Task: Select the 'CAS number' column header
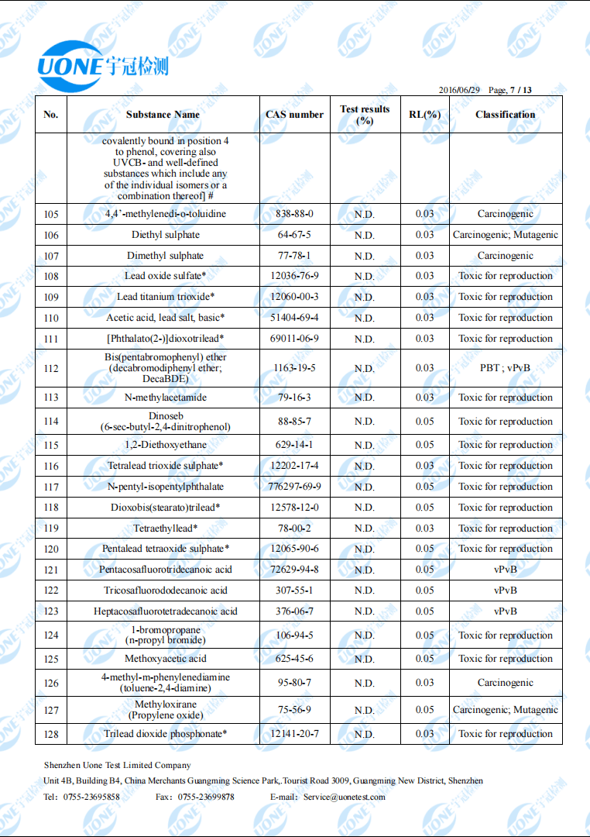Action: [294, 115]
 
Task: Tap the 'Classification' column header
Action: [506, 115]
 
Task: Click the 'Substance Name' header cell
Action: [163, 115]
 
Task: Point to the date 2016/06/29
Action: [460, 91]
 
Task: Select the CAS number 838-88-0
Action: [294, 214]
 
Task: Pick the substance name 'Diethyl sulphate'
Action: [165, 235]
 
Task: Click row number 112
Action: [51, 368]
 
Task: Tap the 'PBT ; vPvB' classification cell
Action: [506, 368]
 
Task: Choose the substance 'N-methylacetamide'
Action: [165, 398]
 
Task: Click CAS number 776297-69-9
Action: [294, 487]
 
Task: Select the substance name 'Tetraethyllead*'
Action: [165, 529]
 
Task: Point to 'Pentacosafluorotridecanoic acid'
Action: [165, 570]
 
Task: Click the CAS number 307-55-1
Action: [294, 591]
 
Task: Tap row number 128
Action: [51, 734]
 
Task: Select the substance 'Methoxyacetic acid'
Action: [165, 659]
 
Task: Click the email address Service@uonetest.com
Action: [344, 797]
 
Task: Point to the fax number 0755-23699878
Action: [206, 797]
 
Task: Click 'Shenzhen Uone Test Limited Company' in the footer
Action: [117, 765]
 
